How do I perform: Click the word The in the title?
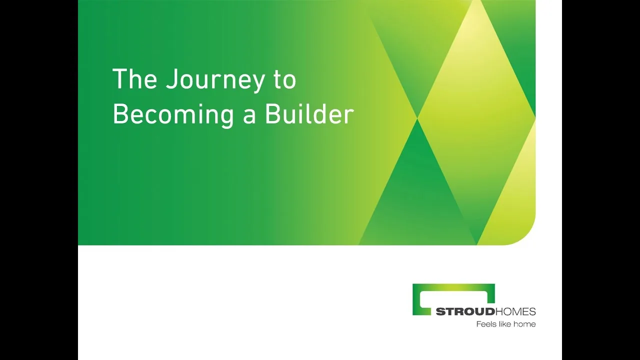(135, 78)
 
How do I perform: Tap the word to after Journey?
(285, 79)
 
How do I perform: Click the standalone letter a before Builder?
(249, 117)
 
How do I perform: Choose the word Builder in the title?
(309, 113)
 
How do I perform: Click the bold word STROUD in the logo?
(465, 311)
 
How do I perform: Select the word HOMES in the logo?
(515, 311)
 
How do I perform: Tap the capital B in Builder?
(273, 113)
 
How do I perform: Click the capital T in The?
(119, 78)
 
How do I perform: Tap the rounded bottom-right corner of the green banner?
(528, 237)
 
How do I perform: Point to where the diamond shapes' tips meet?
(417, 118)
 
